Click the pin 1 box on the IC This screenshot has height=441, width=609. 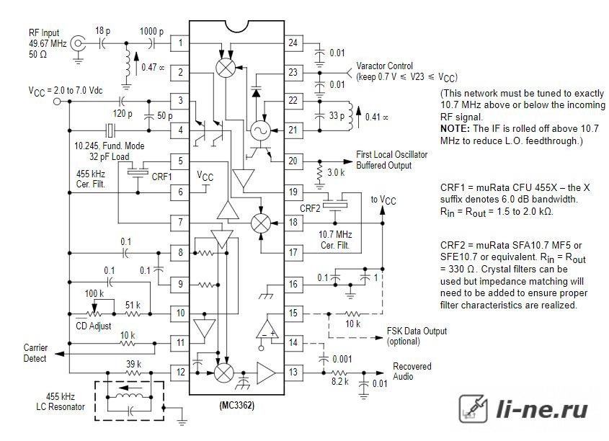pos(180,43)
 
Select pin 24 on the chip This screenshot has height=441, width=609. pos(293,43)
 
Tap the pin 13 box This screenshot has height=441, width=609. pos(293,372)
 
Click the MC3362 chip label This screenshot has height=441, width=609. pos(236,406)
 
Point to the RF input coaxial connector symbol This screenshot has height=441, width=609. pos(78,43)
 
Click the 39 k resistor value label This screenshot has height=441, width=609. pos(133,364)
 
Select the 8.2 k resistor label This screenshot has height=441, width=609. pos(340,381)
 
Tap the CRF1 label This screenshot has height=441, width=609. pos(161,177)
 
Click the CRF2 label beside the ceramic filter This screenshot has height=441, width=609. pos(310,208)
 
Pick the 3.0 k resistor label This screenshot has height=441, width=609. pos(336,172)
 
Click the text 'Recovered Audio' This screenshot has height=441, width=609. pos(412,371)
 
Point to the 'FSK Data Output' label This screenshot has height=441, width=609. pos(417,331)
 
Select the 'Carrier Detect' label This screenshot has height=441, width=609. pos(35,353)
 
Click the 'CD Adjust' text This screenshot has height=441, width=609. pos(93,326)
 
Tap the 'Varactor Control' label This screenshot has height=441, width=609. pos(385,66)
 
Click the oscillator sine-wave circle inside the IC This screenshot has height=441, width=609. pos(260,130)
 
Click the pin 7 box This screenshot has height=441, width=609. pos(180,223)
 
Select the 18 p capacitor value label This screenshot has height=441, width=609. pos(102,31)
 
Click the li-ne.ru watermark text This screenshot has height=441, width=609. pos(542,409)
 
